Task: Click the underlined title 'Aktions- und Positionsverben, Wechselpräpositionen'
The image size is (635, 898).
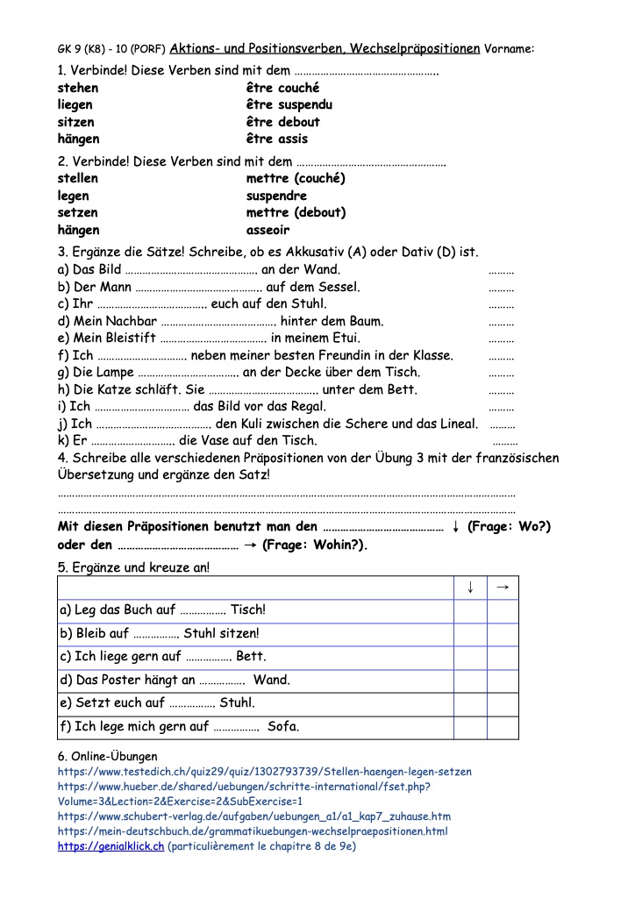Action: (324, 48)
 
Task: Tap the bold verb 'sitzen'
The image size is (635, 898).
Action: (75, 122)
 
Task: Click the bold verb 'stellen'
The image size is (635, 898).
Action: (77, 178)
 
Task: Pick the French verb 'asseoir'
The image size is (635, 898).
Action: (268, 230)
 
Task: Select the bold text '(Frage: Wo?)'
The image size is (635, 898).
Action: (509, 527)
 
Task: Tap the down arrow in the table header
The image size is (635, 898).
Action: (471, 587)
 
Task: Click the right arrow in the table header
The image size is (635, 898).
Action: (503, 587)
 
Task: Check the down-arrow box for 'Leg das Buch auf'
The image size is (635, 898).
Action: (471, 609)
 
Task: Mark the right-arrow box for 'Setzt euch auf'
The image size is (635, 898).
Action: (503, 702)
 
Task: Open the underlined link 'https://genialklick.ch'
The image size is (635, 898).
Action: (111, 846)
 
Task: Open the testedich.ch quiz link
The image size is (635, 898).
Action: (264, 772)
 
